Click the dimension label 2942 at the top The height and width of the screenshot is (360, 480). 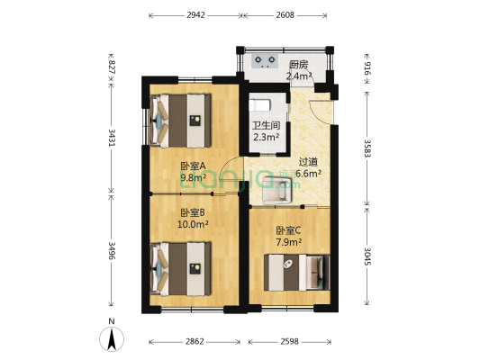[x=195, y=15]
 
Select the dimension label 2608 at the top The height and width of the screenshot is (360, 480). [x=285, y=15]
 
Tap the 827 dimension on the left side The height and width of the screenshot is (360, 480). [x=112, y=68]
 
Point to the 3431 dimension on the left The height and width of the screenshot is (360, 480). [x=112, y=138]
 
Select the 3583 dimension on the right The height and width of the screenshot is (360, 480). [x=367, y=148]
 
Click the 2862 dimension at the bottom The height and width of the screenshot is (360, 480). [x=195, y=343]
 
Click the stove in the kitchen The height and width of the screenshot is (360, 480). [x=266, y=62]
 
